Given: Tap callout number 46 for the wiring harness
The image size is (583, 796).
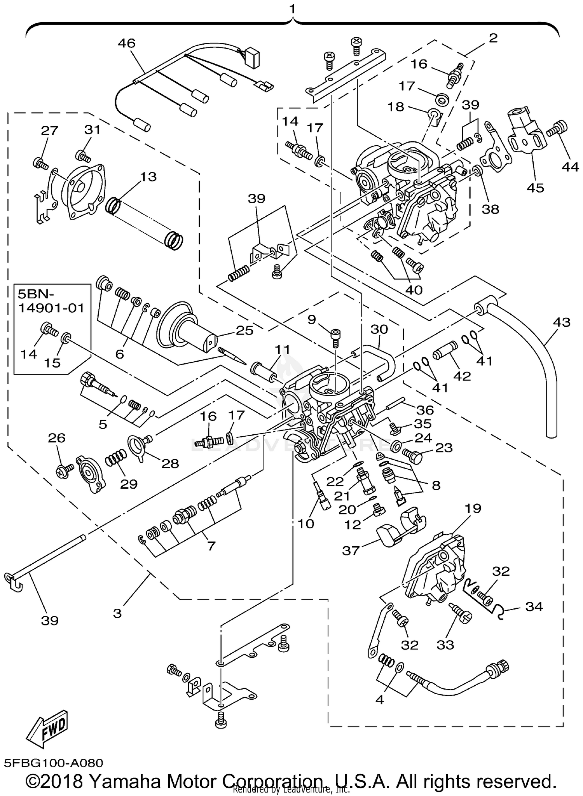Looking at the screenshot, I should click(127, 43).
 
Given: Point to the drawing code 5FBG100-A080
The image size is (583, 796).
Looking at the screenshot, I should click(54, 763).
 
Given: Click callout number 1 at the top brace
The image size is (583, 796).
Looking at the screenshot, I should click(292, 8).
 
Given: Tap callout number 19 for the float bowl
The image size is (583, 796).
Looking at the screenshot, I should click(472, 508).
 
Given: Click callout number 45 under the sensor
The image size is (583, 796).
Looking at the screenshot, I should click(535, 188).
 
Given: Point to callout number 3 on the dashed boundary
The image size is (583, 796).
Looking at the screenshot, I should click(117, 613).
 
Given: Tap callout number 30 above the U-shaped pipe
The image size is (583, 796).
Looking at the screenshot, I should click(379, 329).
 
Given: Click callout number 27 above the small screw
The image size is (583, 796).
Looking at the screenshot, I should click(49, 131).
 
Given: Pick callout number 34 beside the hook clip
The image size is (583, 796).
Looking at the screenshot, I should click(534, 606).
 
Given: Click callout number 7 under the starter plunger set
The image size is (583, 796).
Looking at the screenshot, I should click(211, 546).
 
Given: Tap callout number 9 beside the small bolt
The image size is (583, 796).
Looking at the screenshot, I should click(311, 319).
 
